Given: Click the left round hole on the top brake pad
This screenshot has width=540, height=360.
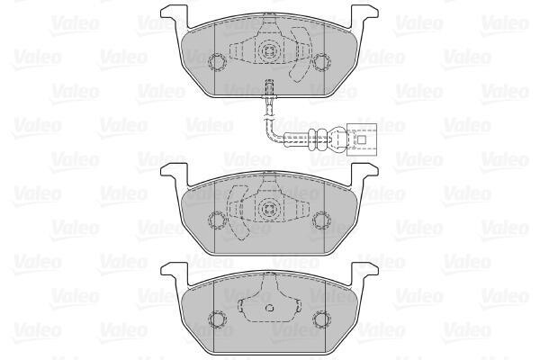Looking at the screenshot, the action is pyautogui.click(x=217, y=62).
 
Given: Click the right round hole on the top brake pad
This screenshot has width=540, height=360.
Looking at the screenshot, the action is pyautogui.click(x=321, y=62).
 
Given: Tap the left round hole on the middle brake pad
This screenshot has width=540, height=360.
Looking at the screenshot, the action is pyautogui.click(x=217, y=220).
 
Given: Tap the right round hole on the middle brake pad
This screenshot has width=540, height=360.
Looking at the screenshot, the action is pyautogui.click(x=321, y=220).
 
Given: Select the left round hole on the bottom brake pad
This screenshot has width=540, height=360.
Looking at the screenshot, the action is pyautogui.click(x=218, y=319).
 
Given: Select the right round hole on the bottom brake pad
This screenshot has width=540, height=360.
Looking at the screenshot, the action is pyautogui.click(x=321, y=319).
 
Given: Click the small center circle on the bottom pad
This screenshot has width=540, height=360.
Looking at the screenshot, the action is pyautogui.click(x=270, y=308).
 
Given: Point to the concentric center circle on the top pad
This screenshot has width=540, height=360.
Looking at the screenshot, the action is pyautogui.click(x=269, y=51).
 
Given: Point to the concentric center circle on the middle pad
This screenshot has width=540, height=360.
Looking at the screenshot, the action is pyautogui.click(x=269, y=208).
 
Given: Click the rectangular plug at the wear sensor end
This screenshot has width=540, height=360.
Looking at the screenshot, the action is pyautogui.click(x=362, y=139).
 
